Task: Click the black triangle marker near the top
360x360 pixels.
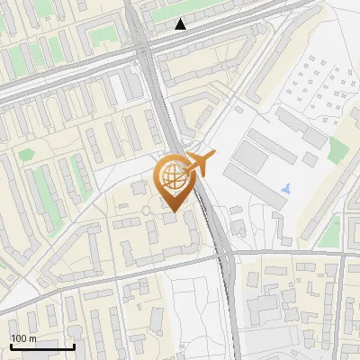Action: pos(181,24)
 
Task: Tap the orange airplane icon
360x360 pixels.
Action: pos(202,163)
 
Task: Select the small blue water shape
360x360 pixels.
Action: pos(286,189)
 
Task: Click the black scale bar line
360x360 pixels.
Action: pos(41,346)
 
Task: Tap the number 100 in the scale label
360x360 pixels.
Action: pos(19,338)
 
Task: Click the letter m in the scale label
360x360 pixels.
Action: pos(32,338)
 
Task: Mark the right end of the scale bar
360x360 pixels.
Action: pos(73,346)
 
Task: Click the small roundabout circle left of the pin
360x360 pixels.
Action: pos(146,211)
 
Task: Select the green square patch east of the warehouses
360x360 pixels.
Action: pos(338,149)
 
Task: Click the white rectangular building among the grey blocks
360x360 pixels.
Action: pos(118,87)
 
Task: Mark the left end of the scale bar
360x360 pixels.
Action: pos(11,346)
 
